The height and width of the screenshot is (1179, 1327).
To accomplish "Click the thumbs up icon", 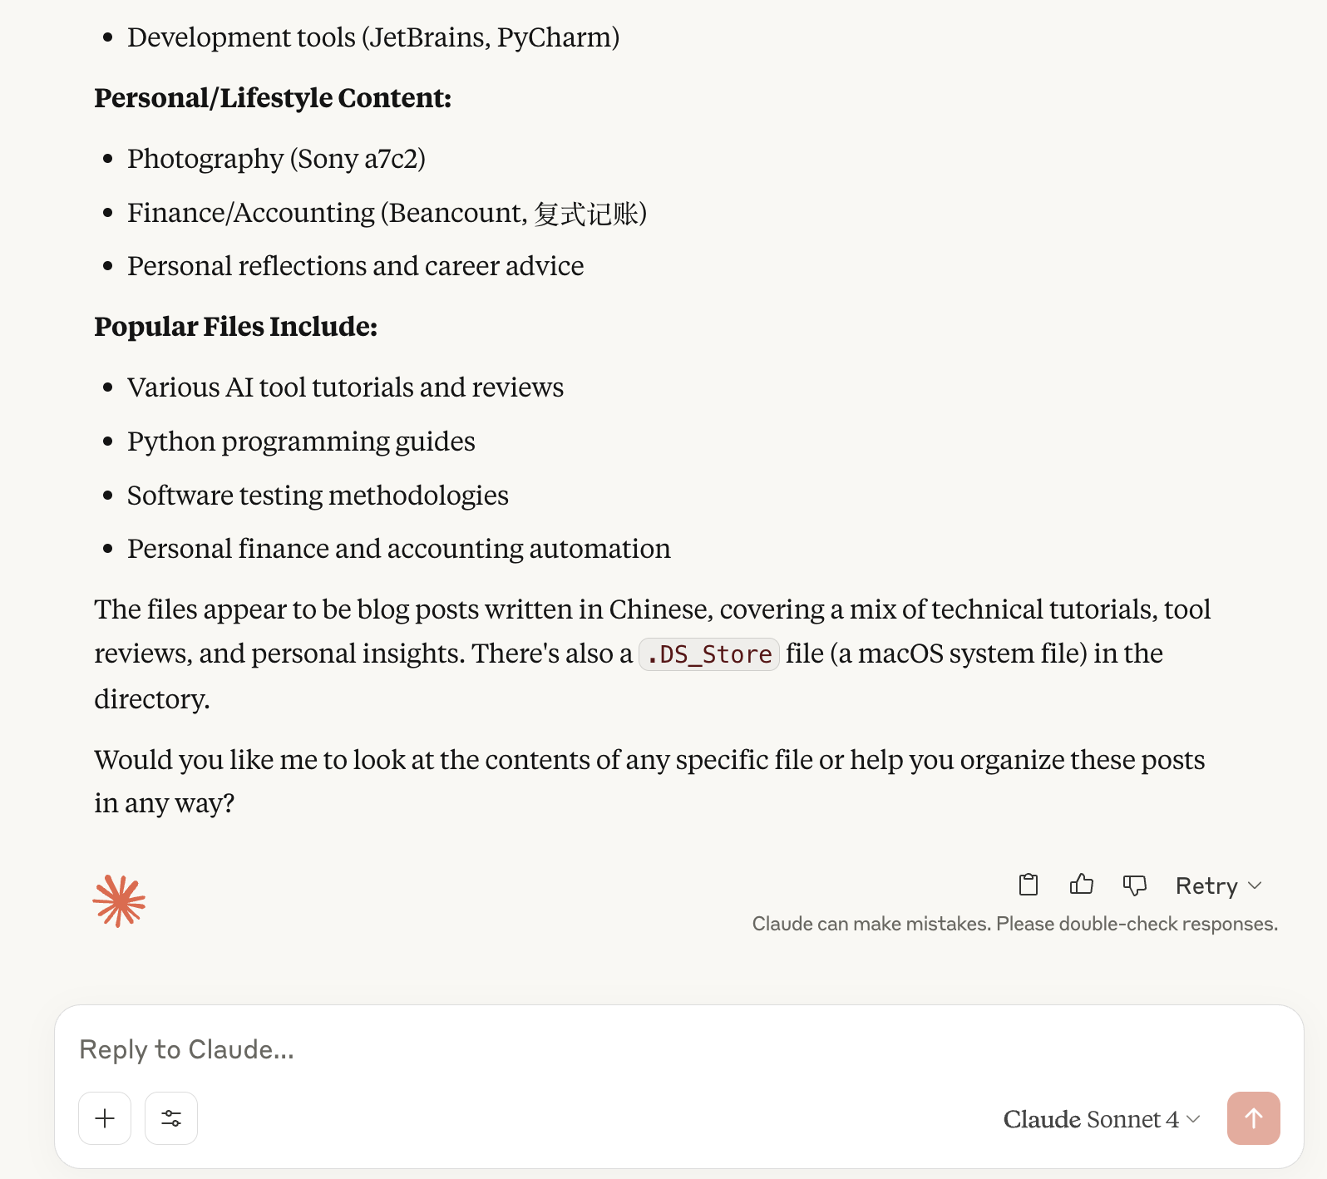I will coord(1081,885).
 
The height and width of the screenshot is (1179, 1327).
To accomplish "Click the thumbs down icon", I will coord(1134,885).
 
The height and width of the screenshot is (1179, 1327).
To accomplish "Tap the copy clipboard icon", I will coord(1029,885).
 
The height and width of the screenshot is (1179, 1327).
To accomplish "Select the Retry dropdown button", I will coord(1218,885).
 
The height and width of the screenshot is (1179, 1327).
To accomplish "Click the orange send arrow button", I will coord(1253,1118).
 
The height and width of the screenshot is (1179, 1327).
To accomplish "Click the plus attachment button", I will coord(105,1118).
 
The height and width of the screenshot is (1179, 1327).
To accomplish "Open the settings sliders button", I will coord(171,1118).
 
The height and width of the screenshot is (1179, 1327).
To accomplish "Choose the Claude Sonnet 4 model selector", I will coord(1101,1119).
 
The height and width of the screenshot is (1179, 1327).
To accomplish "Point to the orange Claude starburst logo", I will coord(119,900).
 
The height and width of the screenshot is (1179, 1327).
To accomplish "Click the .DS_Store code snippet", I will coord(709,654).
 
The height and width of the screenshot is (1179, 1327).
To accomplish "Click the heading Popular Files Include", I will coord(235,327).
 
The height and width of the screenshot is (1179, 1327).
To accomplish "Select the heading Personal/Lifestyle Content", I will coord(272,98).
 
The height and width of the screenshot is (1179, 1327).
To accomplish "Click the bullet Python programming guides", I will coord(301,442).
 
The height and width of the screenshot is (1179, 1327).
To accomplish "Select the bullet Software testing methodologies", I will coord(318,496).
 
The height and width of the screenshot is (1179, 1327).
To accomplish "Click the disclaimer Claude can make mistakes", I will coord(1014,924).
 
